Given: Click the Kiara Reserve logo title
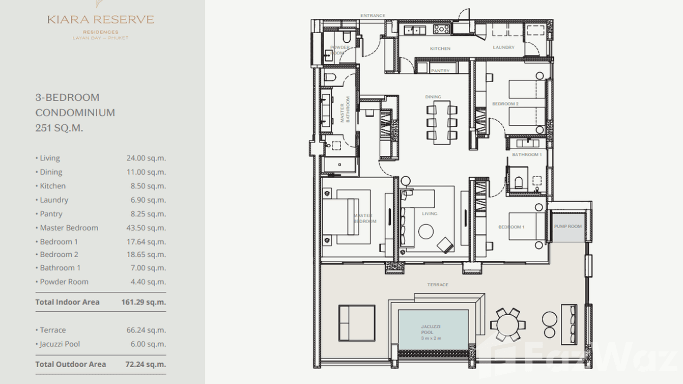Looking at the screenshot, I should (x=100, y=20).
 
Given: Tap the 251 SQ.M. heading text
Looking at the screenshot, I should (x=59, y=128).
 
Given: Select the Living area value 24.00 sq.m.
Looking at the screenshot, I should (x=146, y=158).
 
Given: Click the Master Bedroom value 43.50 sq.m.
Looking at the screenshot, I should (x=146, y=228).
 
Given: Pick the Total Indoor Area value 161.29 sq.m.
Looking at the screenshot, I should (x=144, y=302).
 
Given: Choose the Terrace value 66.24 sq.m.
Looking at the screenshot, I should (x=146, y=330).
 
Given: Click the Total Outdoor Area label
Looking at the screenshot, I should (x=71, y=364).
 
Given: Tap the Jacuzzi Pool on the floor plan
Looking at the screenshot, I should (x=433, y=330).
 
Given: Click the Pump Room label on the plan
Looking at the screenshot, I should (x=567, y=227).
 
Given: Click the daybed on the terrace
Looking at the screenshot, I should (x=357, y=323).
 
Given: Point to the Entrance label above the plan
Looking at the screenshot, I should (x=373, y=16).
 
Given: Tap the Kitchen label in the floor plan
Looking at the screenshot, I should (x=440, y=49).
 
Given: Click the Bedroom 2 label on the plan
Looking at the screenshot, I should (x=505, y=104).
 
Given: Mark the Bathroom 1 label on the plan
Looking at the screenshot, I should (x=527, y=154).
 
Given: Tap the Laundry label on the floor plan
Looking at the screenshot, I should (x=503, y=47).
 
